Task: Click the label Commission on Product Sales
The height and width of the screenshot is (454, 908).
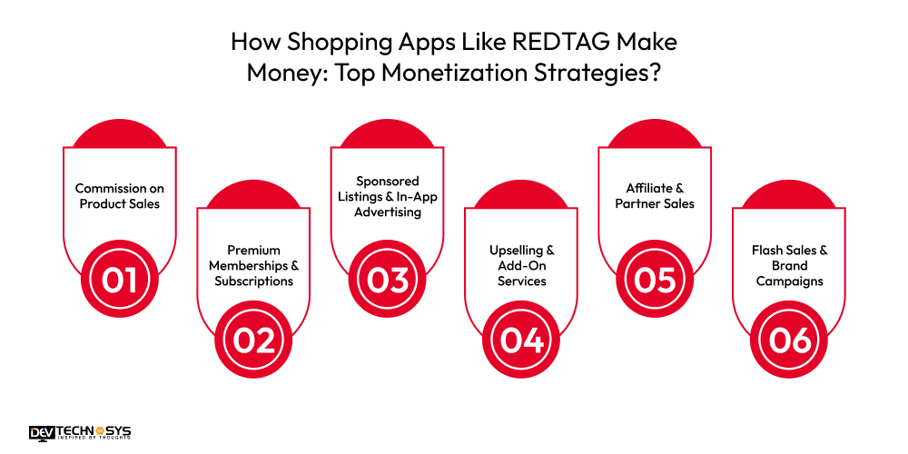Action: [120, 196]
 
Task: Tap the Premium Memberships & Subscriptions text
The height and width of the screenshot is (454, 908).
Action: [253, 265]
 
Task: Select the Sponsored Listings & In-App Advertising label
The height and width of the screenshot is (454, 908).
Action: [387, 196]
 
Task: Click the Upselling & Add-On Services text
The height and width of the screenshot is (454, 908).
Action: [520, 265]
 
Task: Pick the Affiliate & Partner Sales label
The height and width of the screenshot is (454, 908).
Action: [654, 196]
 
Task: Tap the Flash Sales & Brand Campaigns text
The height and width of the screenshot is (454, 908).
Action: [788, 265]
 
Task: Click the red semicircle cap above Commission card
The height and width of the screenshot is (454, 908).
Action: [120, 134]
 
